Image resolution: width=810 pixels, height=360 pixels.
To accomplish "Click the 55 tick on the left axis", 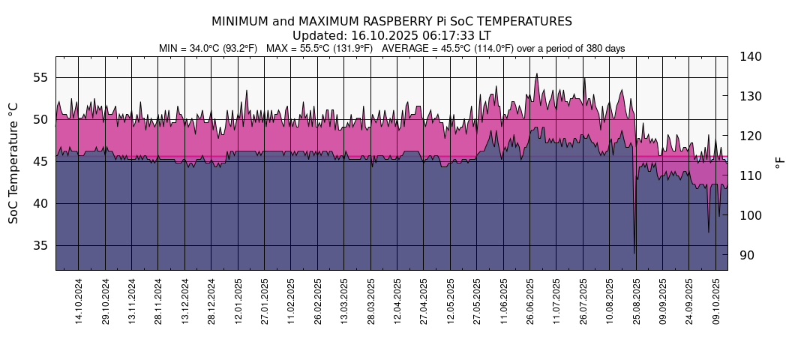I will (41, 77).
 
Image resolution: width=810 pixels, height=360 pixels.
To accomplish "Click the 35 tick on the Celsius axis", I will (41, 245).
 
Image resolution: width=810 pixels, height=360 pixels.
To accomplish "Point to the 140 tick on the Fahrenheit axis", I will (750, 56).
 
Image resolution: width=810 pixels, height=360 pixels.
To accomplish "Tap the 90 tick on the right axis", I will (747, 255).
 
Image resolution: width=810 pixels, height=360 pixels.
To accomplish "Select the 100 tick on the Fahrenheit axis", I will (750, 215).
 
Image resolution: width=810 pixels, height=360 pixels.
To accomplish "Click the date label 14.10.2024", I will (79, 301).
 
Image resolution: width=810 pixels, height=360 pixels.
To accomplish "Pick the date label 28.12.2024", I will (211, 301).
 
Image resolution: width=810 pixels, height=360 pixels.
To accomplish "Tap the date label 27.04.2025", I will (424, 301).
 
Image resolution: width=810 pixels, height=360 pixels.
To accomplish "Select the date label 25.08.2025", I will (636, 301).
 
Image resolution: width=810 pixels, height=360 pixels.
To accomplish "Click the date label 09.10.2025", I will (715, 301).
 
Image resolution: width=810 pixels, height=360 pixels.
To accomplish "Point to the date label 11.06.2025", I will (503, 301).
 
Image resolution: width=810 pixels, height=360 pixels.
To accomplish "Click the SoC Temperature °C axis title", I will (13, 163).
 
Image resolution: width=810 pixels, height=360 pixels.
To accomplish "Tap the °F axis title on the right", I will (780, 163).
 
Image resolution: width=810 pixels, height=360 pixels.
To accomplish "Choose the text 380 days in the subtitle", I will (604, 48).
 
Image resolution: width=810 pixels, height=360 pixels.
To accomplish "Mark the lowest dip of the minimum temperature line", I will (634, 253).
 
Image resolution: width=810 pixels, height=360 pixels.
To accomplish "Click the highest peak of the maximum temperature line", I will (536, 73).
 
